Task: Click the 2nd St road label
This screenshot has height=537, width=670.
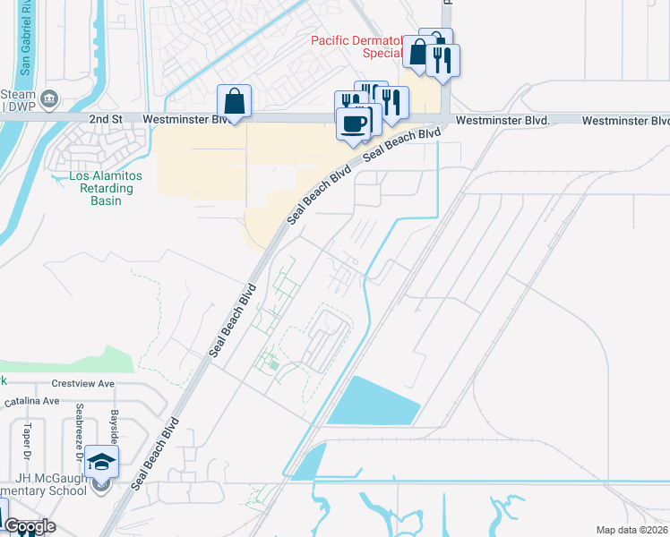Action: (106, 118)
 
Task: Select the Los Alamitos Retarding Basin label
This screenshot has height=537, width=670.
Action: (101, 188)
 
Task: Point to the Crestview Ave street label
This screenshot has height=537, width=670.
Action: (83, 383)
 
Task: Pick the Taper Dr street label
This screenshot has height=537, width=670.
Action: (28, 435)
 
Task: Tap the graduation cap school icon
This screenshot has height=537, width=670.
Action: (102, 462)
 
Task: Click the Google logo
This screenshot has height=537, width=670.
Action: (30, 526)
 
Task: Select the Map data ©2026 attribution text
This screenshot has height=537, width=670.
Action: (631, 530)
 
